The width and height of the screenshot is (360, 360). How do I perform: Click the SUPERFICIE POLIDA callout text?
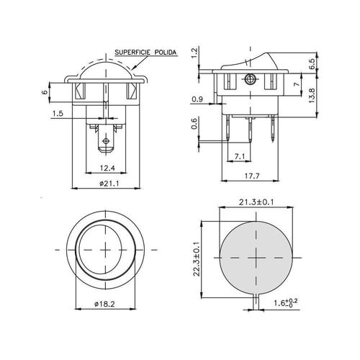[145, 53]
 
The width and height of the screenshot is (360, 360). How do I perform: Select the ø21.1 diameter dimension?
[109, 184]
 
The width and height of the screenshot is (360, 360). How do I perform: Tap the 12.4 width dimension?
[107, 168]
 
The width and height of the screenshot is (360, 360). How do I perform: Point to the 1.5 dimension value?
[58, 113]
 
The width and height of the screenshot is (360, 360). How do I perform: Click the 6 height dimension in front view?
[45, 92]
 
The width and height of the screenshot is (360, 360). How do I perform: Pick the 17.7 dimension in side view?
[252, 176]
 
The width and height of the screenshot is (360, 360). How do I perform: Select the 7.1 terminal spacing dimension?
[240, 156]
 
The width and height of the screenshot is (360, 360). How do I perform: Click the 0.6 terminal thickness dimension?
[194, 124]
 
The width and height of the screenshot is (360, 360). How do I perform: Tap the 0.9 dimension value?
[197, 99]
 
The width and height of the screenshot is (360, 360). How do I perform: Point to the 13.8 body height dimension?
[312, 96]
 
